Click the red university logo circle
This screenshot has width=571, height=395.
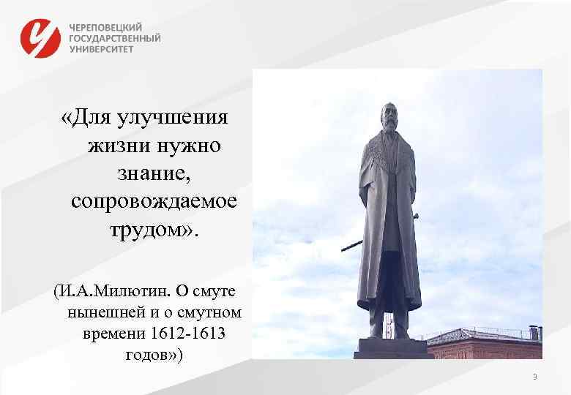[x=40, y=37]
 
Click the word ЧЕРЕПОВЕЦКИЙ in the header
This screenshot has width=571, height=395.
[x=106, y=26]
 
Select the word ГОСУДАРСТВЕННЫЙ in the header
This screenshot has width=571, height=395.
[x=115, y=37]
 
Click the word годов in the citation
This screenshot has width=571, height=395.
[x=143, y=355]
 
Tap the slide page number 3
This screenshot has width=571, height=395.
[x=534, y=377]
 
